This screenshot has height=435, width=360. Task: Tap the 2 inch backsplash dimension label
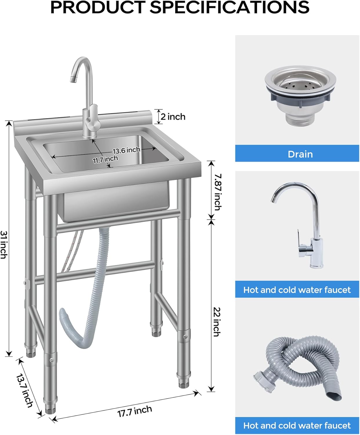[173, 117]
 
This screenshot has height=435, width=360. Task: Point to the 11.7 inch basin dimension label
[105, 159]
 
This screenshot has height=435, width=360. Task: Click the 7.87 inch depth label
[218, 192]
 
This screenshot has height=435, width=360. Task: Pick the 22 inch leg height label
[217, 322]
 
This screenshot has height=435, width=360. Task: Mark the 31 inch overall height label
[4, 244]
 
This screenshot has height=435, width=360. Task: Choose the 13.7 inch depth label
[25, 391]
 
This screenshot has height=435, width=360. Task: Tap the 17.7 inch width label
[134, 411]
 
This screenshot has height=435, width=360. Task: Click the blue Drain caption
[300, 154]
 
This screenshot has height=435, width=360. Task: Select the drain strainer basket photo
[300, 84]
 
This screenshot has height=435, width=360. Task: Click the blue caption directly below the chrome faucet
[297, 290]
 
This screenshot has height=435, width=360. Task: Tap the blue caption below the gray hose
[297, 425]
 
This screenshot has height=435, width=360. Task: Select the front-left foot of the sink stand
[50, 409]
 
